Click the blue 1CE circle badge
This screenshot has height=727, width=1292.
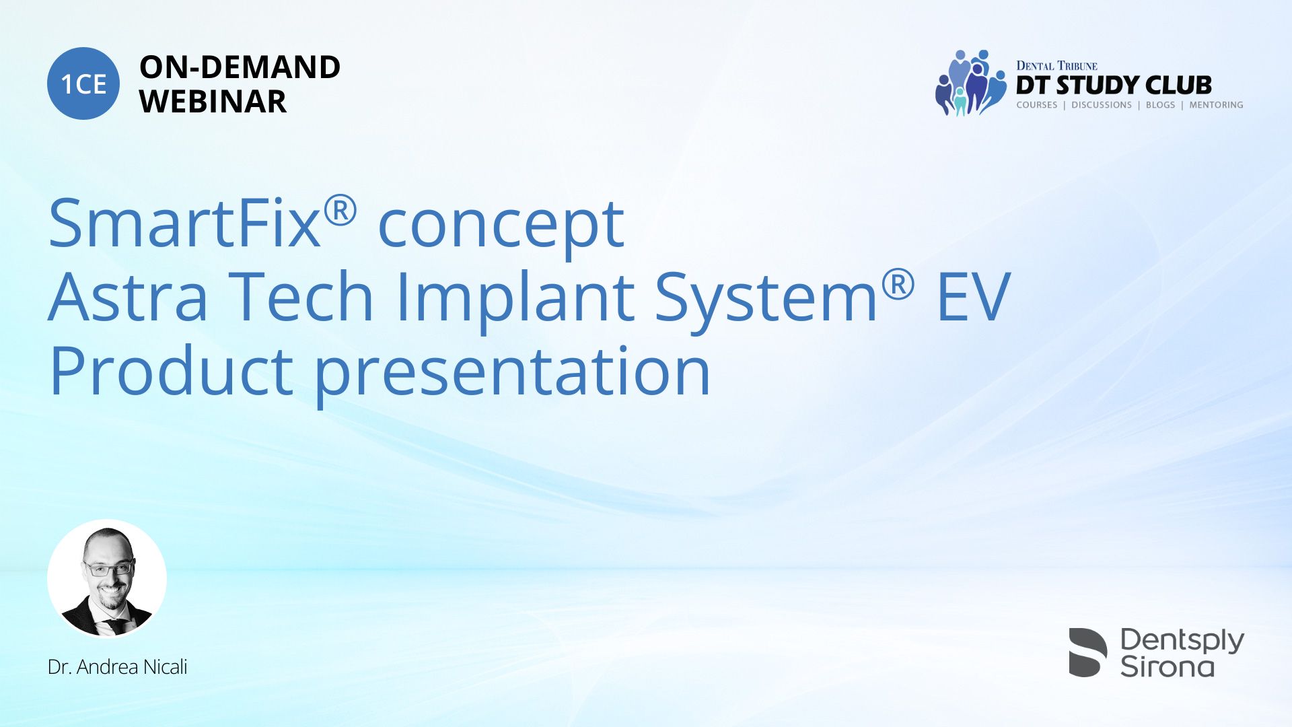click(83, 83)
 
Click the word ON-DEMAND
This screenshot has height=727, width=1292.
click(240, 67)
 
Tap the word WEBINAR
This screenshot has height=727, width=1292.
click(213, 102)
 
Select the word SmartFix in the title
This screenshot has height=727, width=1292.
click(184, 223)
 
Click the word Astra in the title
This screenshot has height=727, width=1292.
click(128, 297)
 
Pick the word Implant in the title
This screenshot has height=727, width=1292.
click(515, 299)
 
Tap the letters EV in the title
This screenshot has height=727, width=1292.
click(974, 296)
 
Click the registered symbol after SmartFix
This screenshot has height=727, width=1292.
click(340, 211)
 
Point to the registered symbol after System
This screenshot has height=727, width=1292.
click(898, 285)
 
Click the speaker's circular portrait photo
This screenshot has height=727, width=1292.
click(107, 578)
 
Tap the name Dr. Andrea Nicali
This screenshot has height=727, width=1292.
click(117, 667)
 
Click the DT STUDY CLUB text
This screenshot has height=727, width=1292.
click(1114, 85)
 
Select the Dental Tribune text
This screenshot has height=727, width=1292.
click(1056, 65)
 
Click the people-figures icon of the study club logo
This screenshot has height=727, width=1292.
click(970, 83)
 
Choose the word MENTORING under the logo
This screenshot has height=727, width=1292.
click(1216, 105)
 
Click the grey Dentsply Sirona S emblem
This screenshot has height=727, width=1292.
click(1087, 652)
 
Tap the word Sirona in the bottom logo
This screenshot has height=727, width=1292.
click(1167, 666)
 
